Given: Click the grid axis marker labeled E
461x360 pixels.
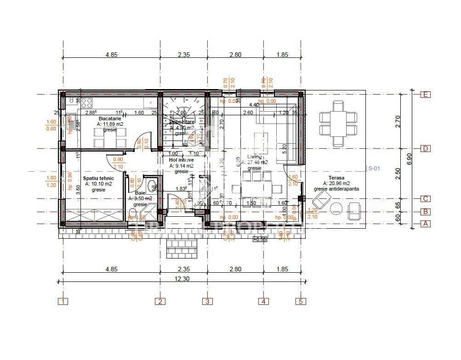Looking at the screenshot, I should pyautogui.click(x=426, y=95).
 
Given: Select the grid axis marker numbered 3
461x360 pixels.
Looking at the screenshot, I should pyautogui.click(x=207, y=302).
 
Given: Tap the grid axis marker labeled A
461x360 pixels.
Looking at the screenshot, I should pyautogui.click(x=426, y=224).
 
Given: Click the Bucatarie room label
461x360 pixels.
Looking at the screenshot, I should pyautogui.click(x=109, y=118).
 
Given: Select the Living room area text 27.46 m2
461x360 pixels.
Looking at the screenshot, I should pyautogui.click(x=257, y=163).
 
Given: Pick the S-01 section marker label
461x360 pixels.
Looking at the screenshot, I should pyautogui.click(x=374, y=169).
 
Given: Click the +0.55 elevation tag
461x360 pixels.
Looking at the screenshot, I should pyautogui.click(x=260, y=239).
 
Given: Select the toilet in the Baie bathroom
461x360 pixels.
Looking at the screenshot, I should pyautogui.click(x=133, y=212).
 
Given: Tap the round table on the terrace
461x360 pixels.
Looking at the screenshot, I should pyautogui.click(x=336, y=208).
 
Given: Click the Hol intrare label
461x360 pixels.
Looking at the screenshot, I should pyautogui.click(x=182, y=160).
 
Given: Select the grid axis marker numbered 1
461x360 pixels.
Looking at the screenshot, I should pyautogui.click(x=63, y=302).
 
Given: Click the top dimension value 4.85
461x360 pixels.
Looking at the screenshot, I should pyautogui.click(x=112, y=55).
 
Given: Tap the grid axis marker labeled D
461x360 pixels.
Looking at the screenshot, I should pyautogui.click(x=426, y=149).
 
